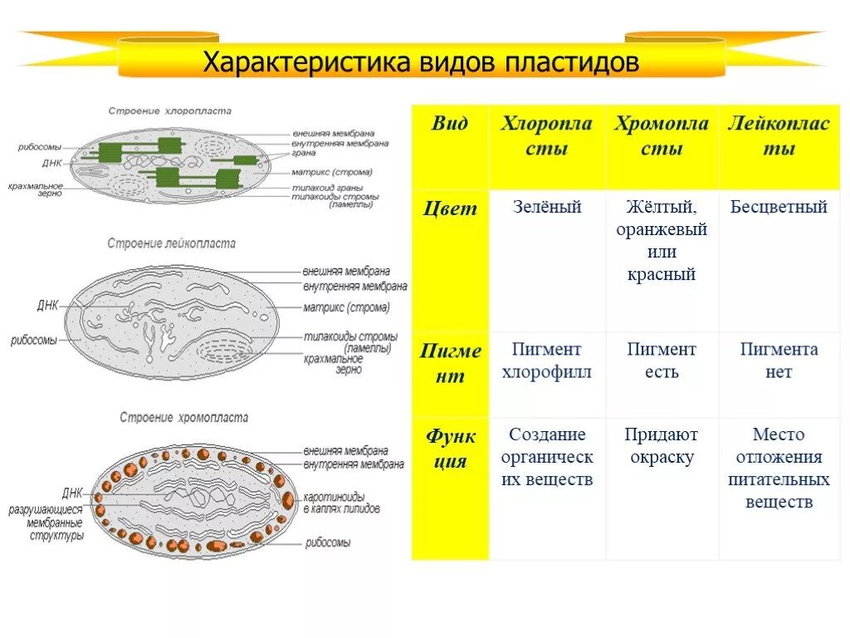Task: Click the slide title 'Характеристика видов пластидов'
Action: (x=422, y=63)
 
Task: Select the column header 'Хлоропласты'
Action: (x=546, y=136)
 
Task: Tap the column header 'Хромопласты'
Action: (x=662, y=136)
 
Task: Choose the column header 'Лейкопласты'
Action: (x=779, y=136)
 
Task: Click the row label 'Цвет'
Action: (x=450, y=209)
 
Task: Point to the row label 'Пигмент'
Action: (x=450, y=363)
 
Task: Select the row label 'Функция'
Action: (x=450, y=449)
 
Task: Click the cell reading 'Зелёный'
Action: (x=546, y=208)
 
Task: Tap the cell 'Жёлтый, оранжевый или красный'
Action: (x=662, y=241)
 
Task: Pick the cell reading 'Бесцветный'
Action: (x=779, y=208)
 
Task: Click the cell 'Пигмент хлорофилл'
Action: (x=546, y=361)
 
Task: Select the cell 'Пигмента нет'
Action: (x=779, y=361)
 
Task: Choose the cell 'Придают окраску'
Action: (x=662, y=446)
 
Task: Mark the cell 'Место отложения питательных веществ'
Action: (x=779, y=469)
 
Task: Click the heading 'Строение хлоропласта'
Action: (x=169, y=110)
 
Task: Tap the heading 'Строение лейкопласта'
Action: (x=171, y=243)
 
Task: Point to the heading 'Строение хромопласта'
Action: (x=183, y=417)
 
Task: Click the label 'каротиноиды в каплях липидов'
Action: (x=341, y=503)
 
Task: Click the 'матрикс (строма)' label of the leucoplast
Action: (x=345, y=307)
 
